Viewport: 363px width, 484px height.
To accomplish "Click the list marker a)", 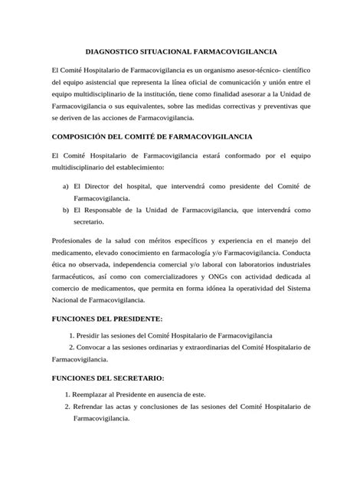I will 67,186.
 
